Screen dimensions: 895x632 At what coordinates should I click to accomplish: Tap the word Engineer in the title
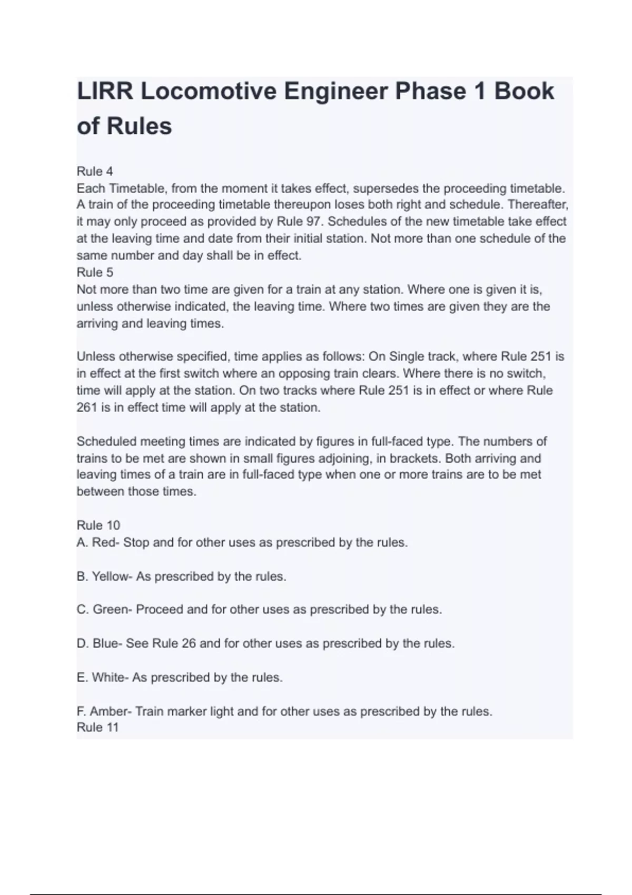pyautogui.click(x=336, y=91)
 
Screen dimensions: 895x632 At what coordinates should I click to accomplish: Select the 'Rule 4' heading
pyautogui.click(x=95, y=172)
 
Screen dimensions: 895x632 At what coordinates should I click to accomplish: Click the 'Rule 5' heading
pyautogui.click(x=95, y=272)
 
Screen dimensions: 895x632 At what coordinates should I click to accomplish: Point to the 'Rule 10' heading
pyautogui.click(x=98, y=525)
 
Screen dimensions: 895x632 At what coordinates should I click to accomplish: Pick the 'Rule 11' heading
pyautogui.click(x=97, y=728)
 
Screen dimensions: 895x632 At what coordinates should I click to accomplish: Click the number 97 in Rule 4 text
pyautogui.click(x=313, y=222)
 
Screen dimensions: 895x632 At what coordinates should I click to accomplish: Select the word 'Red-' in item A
pyautogui.click(x=105, y=542)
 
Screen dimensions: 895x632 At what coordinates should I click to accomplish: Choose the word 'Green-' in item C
pyautogui.click(x=112, y=610)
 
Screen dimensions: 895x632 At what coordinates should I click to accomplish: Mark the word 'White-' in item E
pyautogui.click(x=110, y=678)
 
